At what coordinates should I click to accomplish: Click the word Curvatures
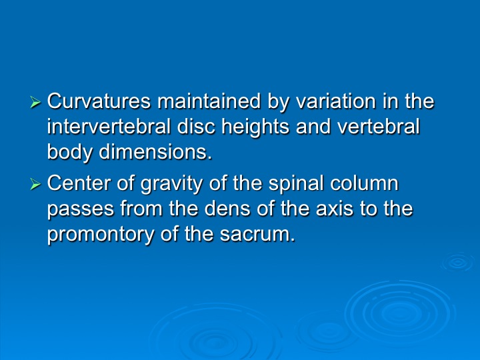click(x=99, y=101)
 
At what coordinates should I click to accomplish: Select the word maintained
click(x=209, y=101)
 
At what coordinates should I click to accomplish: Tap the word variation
click(x=335, y=101)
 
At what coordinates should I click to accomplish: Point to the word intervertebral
click(x=109, y=127)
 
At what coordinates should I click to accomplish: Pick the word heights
click(x=255, y=127)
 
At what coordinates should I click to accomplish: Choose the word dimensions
click(x=155, y=152)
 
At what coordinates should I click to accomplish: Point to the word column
click(x=364, y=183)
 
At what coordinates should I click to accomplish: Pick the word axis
click(x=334, y=209)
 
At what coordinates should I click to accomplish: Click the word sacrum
click(x=257, y=235)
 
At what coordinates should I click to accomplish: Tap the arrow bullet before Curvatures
click(x=35, y=102)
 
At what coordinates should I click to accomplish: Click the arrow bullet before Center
click(x=35, y=184)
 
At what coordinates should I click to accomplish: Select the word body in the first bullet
click(x=69, y=153)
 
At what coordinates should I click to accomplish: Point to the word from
click(x=141, y=209)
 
